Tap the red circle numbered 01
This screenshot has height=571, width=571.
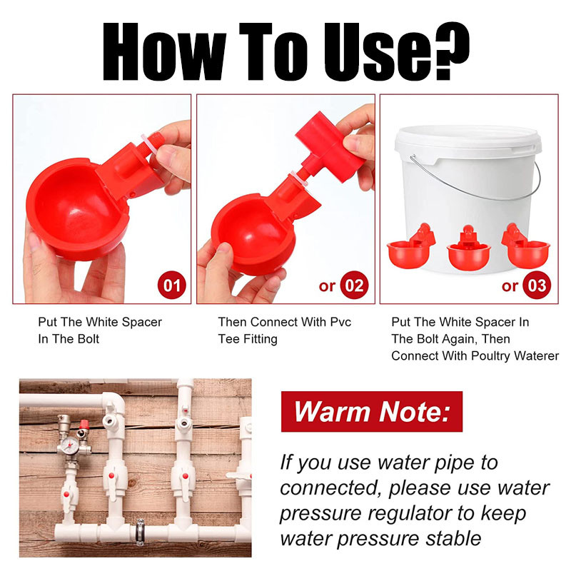click(x=172, y=285)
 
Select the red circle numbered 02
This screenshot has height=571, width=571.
click(x=354, y=285)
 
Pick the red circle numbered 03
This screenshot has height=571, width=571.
click(x=537, y=285)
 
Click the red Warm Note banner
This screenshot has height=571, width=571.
click(x=372, y=412)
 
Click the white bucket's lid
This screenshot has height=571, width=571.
click(x=468, y=140)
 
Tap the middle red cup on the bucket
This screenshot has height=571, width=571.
click(x=469, y=248)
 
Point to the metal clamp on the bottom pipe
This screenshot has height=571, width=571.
click(x=140, y=532)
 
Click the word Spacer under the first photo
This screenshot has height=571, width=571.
click(x=141, y=323)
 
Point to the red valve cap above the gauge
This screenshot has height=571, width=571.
click(x=84, y=424)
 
